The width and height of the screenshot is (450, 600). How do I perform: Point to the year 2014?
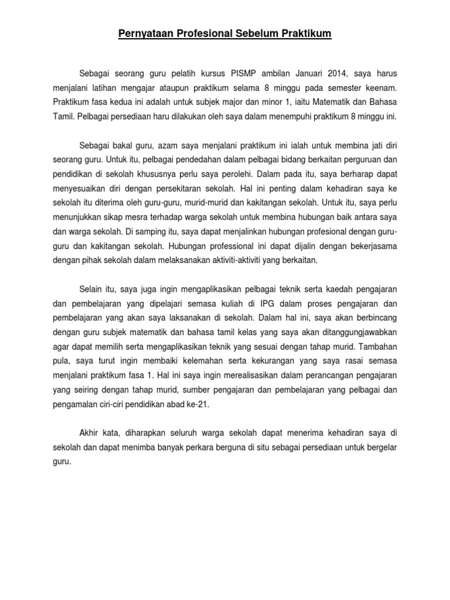333,73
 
